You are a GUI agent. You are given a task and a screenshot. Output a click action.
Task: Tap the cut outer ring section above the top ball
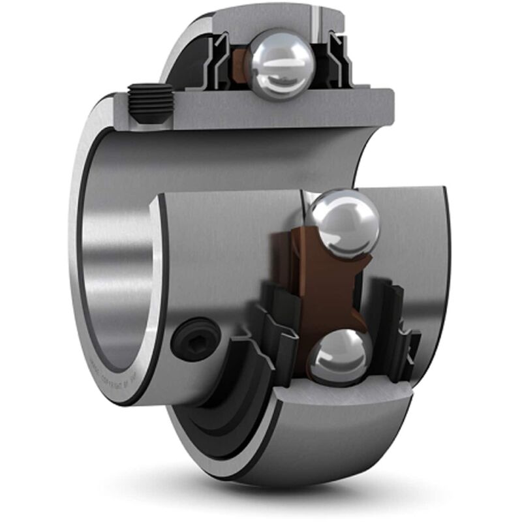pos(261,20)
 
